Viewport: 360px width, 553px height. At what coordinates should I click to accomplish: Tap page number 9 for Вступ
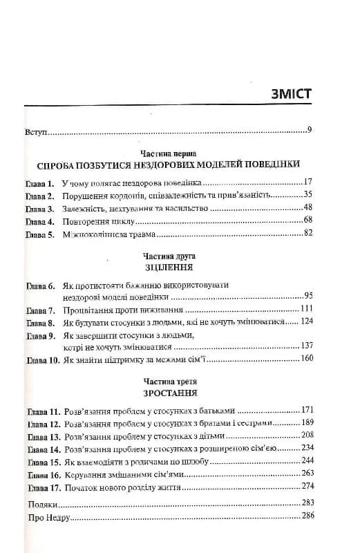click(x=310, y=130)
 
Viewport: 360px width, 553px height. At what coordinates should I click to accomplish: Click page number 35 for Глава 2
click(x=308, y=194)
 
